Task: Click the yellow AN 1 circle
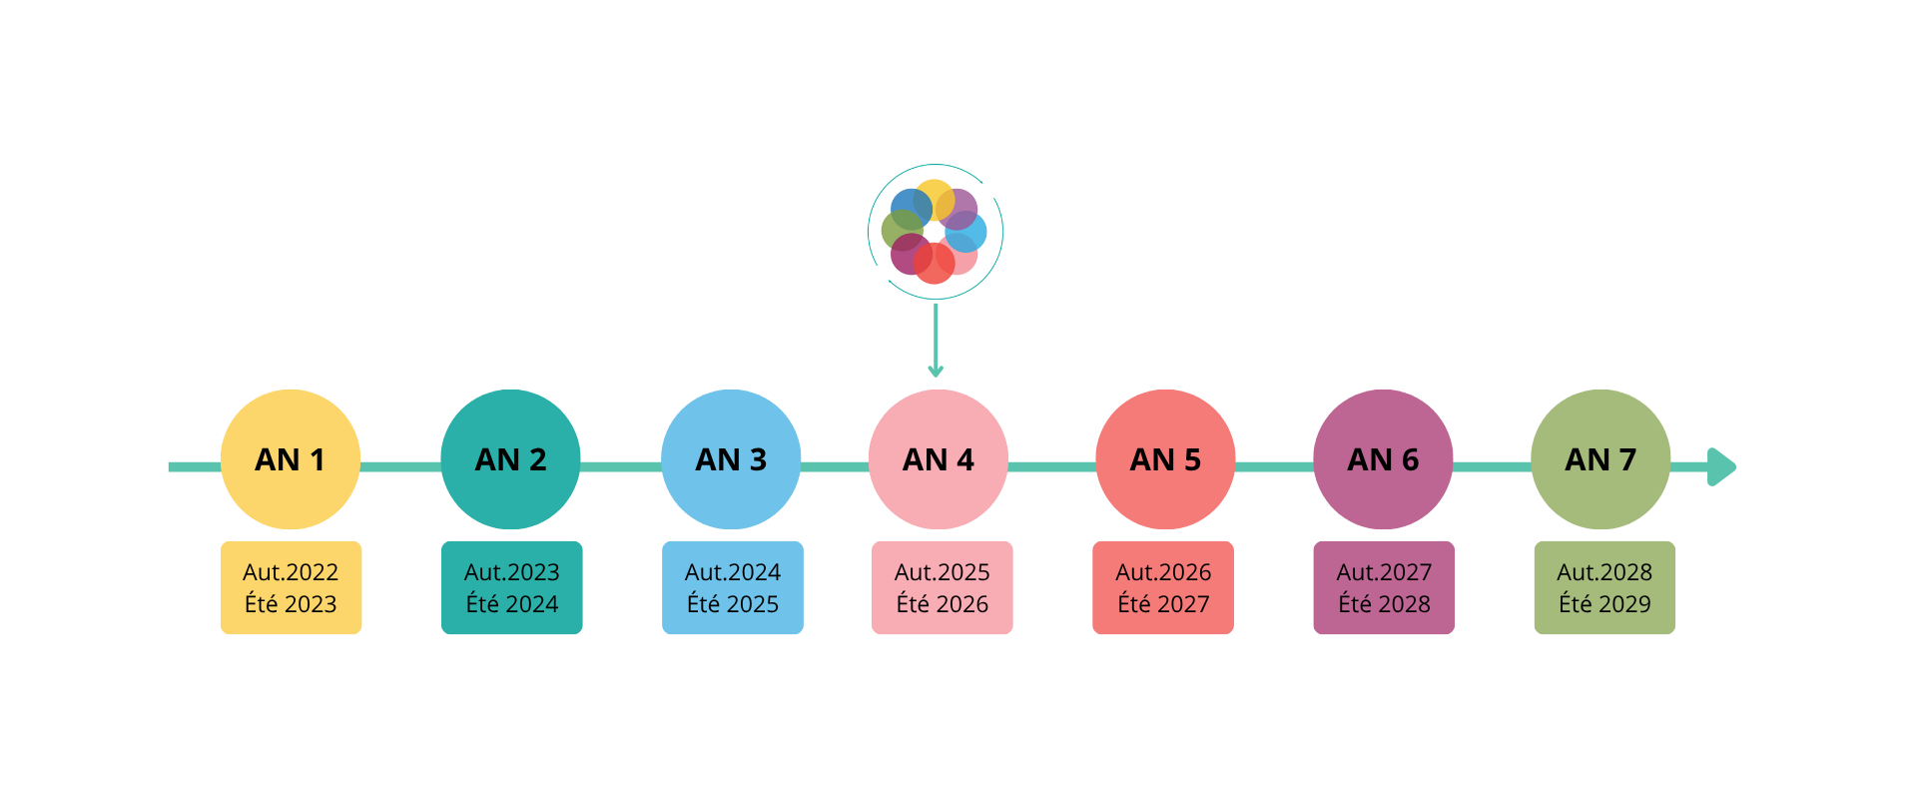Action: click(x=290, y=459)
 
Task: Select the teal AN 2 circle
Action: click(x=510, y=459)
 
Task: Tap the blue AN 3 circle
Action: click(x=731, y=459)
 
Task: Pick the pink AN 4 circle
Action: click(x=938, y=459)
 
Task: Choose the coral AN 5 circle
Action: click(x=1165, y=459)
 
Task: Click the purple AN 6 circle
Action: click(x=1383, y=459)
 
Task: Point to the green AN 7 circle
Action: click(x=1600, y=459)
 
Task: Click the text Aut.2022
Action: click(x=291, y=572)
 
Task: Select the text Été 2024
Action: click(x=512, y=604)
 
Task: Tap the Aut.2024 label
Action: click(x=733, y=572)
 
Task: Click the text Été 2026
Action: click(x=943, y=604)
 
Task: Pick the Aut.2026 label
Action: click(x=1163, y=572)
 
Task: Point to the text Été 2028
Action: click(x=1384, y=604)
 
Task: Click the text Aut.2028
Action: click(x=1604, y=572)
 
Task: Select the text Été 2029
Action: click(x=1604, y=604)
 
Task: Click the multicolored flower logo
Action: click(x=936, y=232)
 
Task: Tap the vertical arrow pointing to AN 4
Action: click(x=945, y=345)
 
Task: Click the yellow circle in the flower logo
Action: click(x=936, y=198)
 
